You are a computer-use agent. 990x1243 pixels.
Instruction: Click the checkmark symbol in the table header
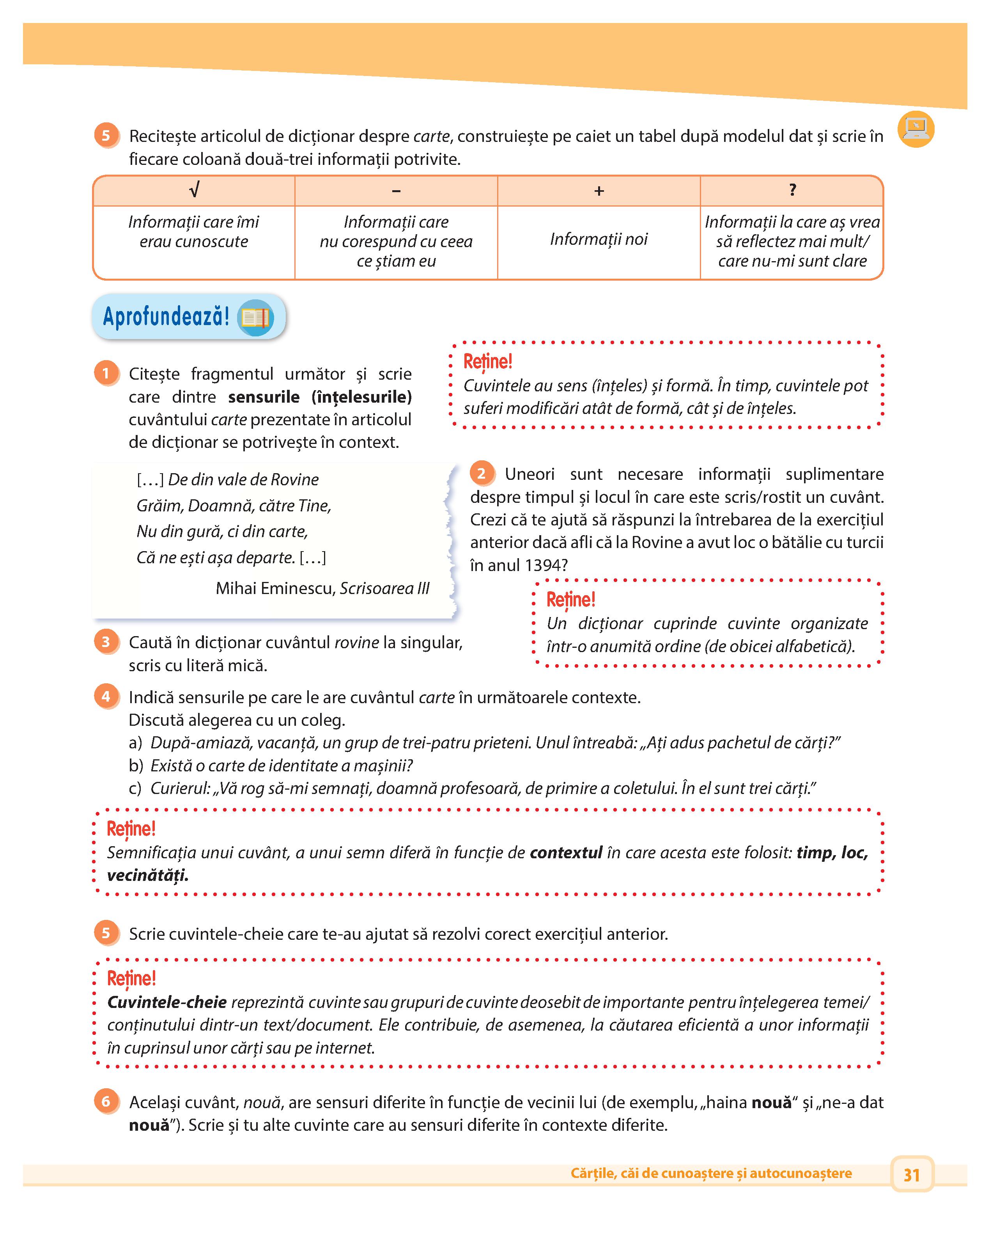[x=194, y=190]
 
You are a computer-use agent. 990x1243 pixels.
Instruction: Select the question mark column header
[x=792, y=190]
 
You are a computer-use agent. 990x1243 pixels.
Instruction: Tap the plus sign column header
[x=599, y=191]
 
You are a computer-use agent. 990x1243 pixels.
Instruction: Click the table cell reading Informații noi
[x=599, y=239]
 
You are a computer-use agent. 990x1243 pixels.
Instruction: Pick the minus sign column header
[x=396, y=191]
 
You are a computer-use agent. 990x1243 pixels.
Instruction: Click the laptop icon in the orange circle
[x=916, y=129]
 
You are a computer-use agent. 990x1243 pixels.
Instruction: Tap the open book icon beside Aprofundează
[x=255, y=318]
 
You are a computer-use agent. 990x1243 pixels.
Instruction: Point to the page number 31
[x=912, y=1174]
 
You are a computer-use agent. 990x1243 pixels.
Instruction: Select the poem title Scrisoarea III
[x=384, y=588]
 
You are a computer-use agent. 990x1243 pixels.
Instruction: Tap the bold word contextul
[x=566, y=853]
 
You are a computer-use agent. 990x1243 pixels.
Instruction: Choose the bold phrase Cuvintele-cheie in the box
[x=166, y=1002]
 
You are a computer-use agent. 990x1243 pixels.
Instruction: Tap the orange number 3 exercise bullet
[x=106, y=642]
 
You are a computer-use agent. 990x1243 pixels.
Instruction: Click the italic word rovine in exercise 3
[x=356, y=642]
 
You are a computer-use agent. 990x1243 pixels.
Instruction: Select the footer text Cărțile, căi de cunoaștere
[x=711, y=1173]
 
